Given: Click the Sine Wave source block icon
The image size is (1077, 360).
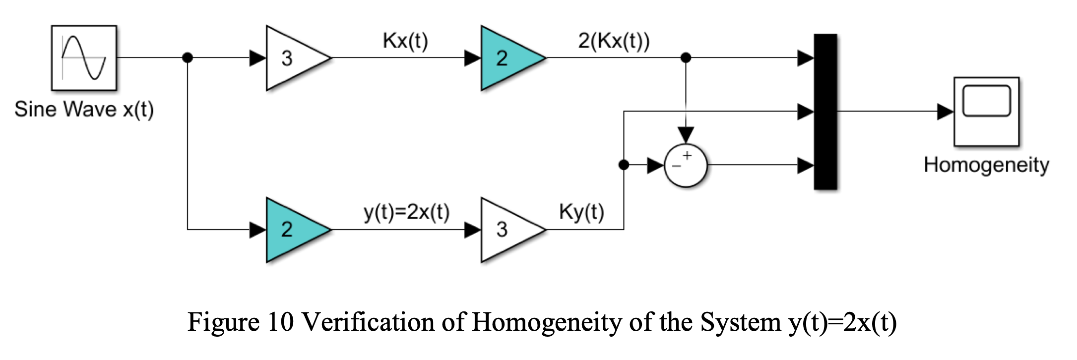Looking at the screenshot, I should tap(84, 58).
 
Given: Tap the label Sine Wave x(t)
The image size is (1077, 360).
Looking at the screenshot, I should tap(84, 110).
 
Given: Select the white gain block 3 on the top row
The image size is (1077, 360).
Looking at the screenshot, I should tap(293, 58).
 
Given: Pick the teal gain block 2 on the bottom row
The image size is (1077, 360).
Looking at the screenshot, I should tap(293, 230).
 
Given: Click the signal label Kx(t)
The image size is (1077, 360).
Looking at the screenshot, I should tap(405, 41).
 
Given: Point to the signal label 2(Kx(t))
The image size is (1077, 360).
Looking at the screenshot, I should tap(613, 41).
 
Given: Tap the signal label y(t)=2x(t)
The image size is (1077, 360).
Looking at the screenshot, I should tap(406, 212).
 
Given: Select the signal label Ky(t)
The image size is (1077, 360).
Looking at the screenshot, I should tap(581, 212).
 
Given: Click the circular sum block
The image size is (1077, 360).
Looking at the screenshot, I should tap(686, 166).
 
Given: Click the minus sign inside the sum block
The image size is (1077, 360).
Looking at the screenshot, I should tap(676, 167).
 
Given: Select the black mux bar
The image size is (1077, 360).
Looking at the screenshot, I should tap(825, 112).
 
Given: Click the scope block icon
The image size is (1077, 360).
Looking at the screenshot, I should tap(986, 112).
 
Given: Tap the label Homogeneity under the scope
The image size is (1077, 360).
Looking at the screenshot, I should tap(986, 165).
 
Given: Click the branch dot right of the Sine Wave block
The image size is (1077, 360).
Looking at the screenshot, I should tap(187, 58).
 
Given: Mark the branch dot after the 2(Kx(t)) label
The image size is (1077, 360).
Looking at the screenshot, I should tap(686, 58).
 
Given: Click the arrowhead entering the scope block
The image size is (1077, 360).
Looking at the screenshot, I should tap(945, 112).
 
